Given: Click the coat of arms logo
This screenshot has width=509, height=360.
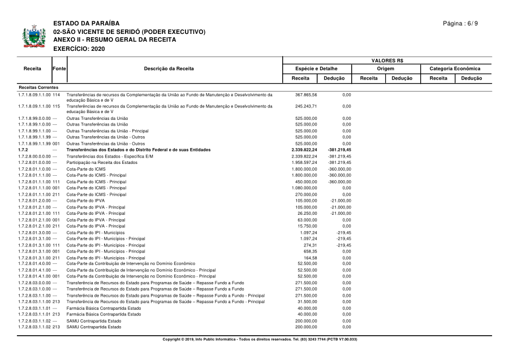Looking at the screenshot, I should pyautogui.click(x=33, y=37).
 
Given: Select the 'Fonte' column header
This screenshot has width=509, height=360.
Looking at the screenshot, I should pyautogui.click(x=59, y=68).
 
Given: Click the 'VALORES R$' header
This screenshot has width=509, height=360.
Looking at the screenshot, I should pyautogui.click(x=387, y=60).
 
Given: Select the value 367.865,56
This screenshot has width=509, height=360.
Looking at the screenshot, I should pyautogui.click(x=306, y=95).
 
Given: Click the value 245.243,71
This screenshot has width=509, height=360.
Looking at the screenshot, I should pyautogui.click(x=306, y=106).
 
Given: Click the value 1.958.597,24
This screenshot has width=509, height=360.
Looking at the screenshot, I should pyautogui.click(x=304, y=162).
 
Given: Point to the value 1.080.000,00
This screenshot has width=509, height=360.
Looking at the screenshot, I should pyautogui.click(x=304, y=188).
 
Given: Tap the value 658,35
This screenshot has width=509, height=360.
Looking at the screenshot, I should pyautogui.click(x=309, y=251).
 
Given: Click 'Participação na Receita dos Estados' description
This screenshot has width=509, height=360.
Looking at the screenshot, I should pyautogui.click(x=101, y=162).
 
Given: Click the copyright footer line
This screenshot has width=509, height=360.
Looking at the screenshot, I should pyautogui.click(x=260, y=339).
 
